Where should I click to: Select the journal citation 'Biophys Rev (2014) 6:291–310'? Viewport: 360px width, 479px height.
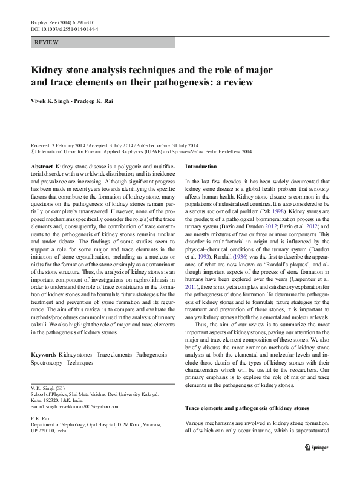click(59, 21)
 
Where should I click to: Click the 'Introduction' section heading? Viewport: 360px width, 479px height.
click(200, 166)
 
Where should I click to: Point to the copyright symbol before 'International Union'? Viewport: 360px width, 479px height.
click(33, 153)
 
